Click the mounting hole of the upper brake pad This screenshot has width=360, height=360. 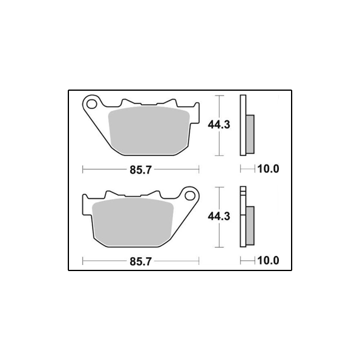point(91,104)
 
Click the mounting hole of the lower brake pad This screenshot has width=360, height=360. point(190,195)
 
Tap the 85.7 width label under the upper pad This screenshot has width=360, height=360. point(141,170)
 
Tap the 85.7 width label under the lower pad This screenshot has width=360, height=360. point(141,261)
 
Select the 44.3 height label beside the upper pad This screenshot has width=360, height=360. point(219,125)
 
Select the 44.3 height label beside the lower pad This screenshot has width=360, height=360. point(219,217)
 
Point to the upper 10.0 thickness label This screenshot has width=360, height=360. point(269,169)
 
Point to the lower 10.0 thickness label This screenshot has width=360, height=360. point(269,261)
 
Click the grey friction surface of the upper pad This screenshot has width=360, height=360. point(149,130)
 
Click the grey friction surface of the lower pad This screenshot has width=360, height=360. point(133,222)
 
